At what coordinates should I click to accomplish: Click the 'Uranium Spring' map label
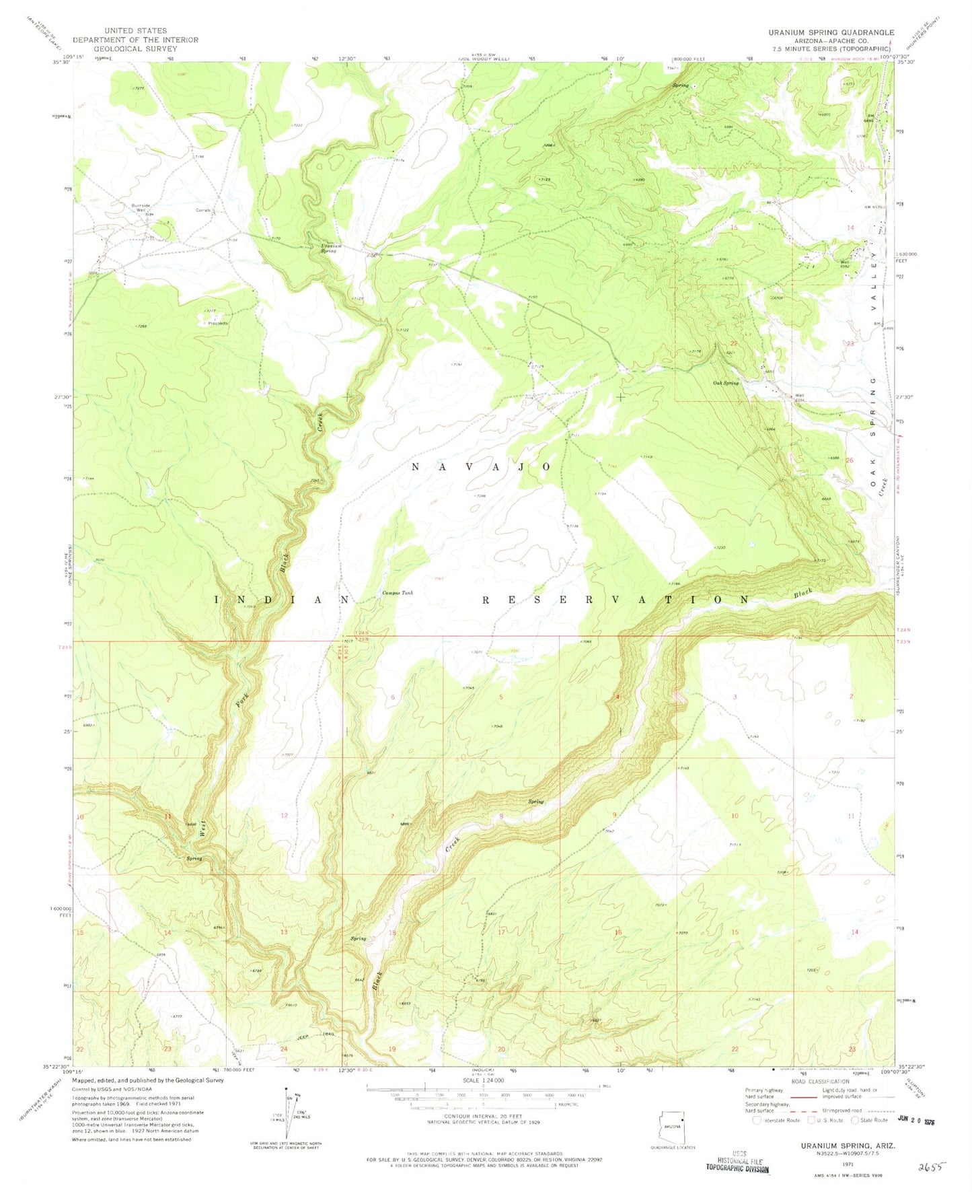point(331,248)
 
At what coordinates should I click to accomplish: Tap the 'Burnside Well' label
point(139,207)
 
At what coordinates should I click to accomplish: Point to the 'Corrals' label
point(203,210)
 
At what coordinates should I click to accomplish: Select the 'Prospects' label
point(217,323)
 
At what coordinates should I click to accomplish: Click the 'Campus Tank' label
point(398,593)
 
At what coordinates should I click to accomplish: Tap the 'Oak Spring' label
point(726,383)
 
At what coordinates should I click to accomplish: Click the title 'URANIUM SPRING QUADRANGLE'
point(831,32)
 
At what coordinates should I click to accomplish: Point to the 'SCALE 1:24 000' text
point(482,1080)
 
